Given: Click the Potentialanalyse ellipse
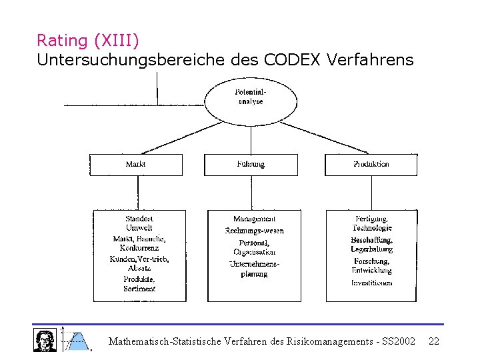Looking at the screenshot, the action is point(250,98).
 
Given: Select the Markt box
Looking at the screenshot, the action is point(136,165).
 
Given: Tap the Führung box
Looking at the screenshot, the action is point(251,165).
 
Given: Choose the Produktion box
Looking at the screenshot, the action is point(371,165).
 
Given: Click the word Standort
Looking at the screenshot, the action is point(139,219).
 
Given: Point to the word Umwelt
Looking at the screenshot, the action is point(139,228).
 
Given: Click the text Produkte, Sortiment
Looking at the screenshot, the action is point(139,284).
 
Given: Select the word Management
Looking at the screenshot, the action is point(254,219).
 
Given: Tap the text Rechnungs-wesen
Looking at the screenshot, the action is point(254,231).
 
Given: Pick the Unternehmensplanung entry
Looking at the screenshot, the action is point(254,269).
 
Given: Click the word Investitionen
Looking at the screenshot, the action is point(372,283).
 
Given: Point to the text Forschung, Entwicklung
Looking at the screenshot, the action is point(372,266).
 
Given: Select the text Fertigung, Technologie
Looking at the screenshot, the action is point(372,223).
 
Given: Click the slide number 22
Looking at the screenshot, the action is point(434,341).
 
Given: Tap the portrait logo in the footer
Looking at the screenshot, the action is point(45,339).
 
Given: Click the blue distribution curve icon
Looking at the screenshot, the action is point(77,340).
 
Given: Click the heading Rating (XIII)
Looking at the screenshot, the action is point(88,41).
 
